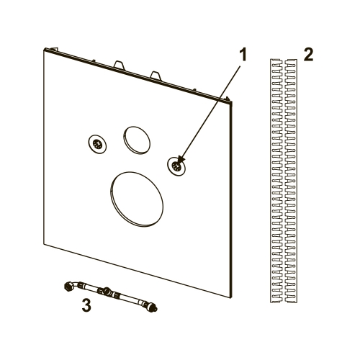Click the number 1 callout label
pyautogui.click(x=243, y=55)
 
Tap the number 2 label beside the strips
pyautogui.click(x=308, y=55)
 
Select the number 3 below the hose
pyautogui.click(x=86, y=305)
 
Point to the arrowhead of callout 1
pyautogui.click(x=180, y=161)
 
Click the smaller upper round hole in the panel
pyautogui.click(x=137, y=140)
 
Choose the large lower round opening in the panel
pyautogui.click(x=137, y=199)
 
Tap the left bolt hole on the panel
pyautogui.click(x=97, y=144)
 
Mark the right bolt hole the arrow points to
pyautogui.click(x=176, y=166)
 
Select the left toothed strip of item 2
pyautogui.click(x=276, y=181)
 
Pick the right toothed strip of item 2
pyautogui.click(x=291, y=181)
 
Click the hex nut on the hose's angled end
pyautogui.click(x=68, y=286)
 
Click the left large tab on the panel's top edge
pyautogui.click(x=120, y=65)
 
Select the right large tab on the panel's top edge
pyautogui.click(x=156, y=75)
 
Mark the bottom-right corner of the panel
pyautogui.click(x=230, y=298)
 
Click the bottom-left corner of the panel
pyautogui.click(x=44, y=244)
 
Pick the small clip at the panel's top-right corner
pyautogui.click(x=227, y=99)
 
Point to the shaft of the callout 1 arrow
pyautogui.click(x=210, y=112)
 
